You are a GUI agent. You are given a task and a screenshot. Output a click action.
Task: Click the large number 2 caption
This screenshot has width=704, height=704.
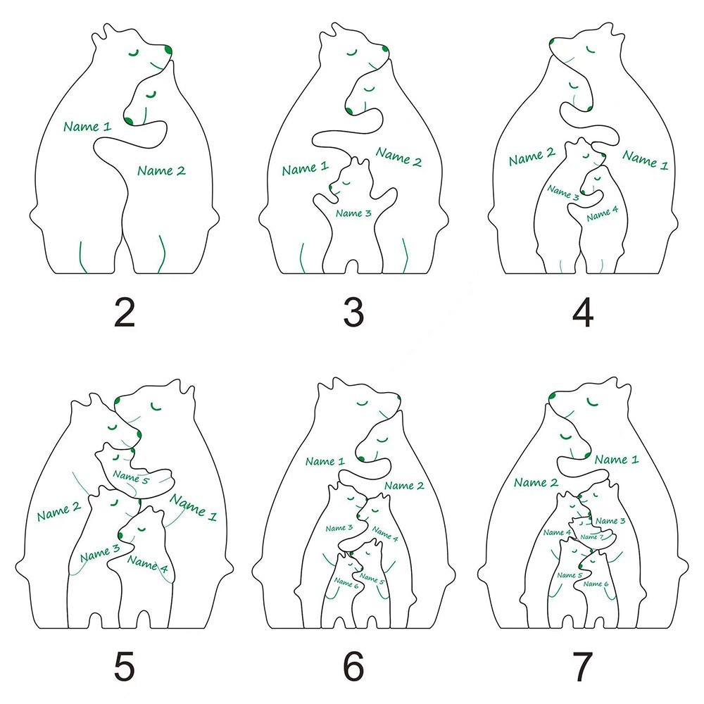pyautogui.click(x=125, y=313)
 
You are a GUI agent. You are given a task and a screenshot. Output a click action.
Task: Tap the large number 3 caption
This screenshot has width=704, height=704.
pyautogui.click(x=353, y=313)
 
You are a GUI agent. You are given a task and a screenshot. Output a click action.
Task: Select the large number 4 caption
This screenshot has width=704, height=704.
pyautogui.click(x=583, y=313)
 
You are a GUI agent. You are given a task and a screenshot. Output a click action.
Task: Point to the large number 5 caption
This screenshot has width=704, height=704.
pyautogui.click(x=125, y=666)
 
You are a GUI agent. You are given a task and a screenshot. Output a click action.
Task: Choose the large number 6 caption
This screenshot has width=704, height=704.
pyautogui.click(x=354, y=666)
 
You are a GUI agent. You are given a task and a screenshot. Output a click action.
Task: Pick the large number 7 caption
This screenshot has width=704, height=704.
pyautogui.click(x=582, y=666)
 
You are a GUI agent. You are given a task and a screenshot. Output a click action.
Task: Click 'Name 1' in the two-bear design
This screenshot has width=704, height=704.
pyautogui.click(x=87, y=126)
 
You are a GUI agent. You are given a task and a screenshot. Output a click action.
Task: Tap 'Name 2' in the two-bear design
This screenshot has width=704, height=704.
pyautogui.click(x=161, y=170)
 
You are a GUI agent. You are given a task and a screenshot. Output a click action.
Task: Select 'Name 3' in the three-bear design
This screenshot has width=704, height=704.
pyautogui.click(x=353, y=213)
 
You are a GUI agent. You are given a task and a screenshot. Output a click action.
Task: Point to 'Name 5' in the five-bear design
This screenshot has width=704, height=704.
pyautogui.click(x=131, y=477)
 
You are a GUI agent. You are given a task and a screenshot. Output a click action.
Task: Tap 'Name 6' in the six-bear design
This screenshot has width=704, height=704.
pyautogui.click(x=346, y=583)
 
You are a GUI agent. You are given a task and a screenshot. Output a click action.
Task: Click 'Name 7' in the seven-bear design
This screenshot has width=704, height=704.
pyautogui.click(x=592, y=536)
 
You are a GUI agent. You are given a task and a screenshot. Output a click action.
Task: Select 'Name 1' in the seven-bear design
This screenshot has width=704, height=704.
pyautogui.click(x=617, y=459)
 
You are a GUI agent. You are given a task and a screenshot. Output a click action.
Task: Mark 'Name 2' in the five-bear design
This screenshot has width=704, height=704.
pyautogui.click(x=59, y=511)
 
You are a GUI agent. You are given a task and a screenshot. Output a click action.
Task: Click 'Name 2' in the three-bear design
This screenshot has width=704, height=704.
pyautogui.click(x=398, y=157)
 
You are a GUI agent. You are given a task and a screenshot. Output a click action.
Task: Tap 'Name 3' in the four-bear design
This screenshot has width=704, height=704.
pyautogui.click(x=563, y=192)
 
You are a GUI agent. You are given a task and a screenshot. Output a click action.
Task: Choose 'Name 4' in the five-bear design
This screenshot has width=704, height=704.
pyautogui.click(x=148, y=564)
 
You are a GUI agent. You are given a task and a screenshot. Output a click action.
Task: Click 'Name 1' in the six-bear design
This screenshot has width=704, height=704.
pyautogui.click(x=325, y=461)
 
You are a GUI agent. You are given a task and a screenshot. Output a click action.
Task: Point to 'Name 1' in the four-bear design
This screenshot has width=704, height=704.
pyautogui.click(x=645, y=161)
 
